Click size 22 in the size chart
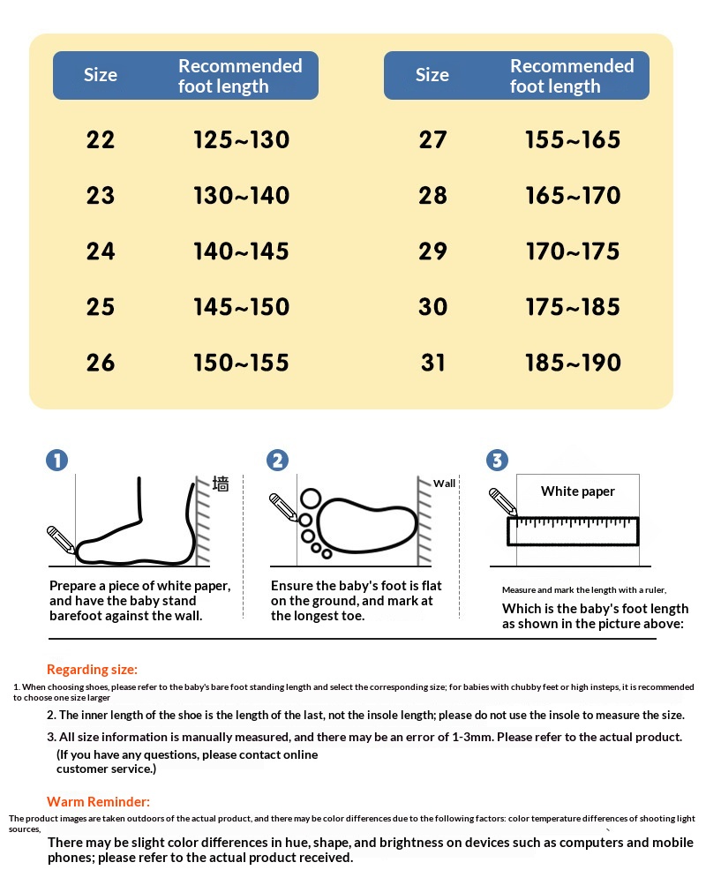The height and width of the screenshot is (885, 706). pyautogui.click(x=101, y=140)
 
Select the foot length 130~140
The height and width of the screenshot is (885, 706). pyautogui.click(x=242, y=196)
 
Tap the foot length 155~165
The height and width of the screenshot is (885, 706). pyautogui.click(x=573, y=140)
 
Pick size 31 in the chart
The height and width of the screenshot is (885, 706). pyautogui.click(x=432, y=363)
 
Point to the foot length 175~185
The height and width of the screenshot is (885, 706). pyautogui.click(x=573, y=307)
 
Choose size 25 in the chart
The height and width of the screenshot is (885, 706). pyautogui.click(x=101, y=307)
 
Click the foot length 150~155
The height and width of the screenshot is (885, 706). pyautogui.click(x=242, y=363)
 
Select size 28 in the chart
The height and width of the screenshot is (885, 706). pyautogui.click(x=432, y=196)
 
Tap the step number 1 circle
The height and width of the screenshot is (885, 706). pyautogui.click(x=57, y=460)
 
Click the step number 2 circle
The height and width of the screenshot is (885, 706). pyautogui.click(x=277, y=460)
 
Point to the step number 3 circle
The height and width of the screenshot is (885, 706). pyautogui.click(x=497, y=460)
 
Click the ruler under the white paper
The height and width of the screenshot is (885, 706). pyautogui.click(x=573, y=531)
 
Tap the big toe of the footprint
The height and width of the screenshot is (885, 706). pyautogui.click(x=311, y=499)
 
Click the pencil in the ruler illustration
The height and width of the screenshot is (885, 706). pyautogui.click(x=503, y=502)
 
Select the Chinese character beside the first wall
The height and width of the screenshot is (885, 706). pyautogui.click(x=221, y=484)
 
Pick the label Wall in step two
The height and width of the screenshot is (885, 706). pyautogui.click(x=444, y=484)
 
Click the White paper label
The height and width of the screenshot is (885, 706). pyautogui.click(x=578, y=491)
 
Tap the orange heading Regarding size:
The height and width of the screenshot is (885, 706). pyautogui.click(x=92, y=670)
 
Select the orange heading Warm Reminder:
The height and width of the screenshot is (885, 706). pyautogui.click(x=98, y=802)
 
